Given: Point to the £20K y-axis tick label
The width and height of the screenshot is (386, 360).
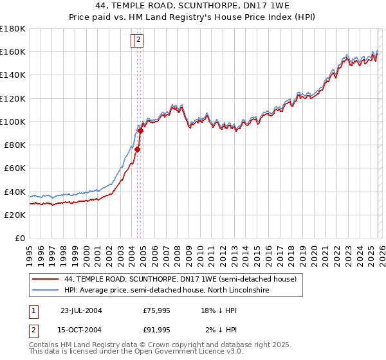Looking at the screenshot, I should (14, 215).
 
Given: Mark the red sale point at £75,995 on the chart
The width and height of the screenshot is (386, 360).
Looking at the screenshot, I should (138, 150).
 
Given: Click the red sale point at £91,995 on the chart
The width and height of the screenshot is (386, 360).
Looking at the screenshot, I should (140, 131).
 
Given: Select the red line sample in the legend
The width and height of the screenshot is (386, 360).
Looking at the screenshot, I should (45, 279).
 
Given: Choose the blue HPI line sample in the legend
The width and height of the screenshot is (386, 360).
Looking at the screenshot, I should (45, 291).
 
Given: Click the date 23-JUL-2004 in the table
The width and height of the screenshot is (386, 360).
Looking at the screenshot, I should (81, 310).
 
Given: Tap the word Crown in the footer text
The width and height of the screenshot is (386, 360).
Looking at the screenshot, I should (169, 345).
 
